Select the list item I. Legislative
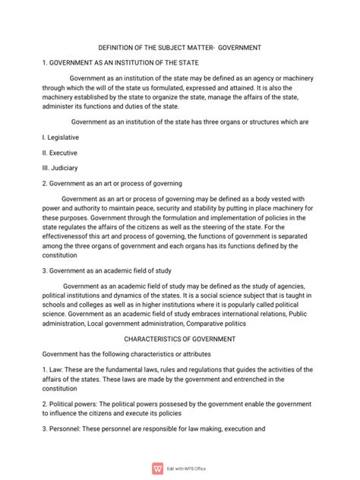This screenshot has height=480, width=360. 61,137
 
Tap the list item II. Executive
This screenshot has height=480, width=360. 60,152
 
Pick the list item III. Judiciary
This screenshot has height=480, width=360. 60,167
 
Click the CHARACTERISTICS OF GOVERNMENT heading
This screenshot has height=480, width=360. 180,339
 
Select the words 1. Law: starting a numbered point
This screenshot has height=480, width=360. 54,369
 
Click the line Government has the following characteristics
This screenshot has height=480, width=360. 126,354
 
